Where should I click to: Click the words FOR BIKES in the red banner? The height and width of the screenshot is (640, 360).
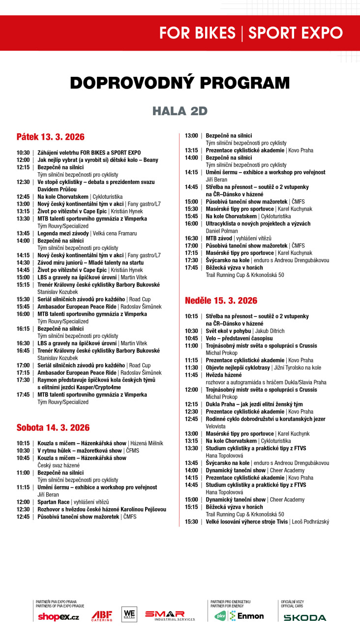click(197, 33)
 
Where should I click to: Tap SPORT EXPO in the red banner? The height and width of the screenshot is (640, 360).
click(295, 33)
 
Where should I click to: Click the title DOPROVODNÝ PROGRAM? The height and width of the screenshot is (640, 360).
click(180, 83)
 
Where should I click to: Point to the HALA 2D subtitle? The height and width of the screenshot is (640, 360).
click(180, 111)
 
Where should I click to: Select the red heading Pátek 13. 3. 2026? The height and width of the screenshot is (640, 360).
click(50, 137)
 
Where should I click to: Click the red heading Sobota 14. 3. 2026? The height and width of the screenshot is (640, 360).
click(53, 427)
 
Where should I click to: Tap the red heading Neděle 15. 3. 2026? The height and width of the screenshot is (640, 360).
click(221, 300)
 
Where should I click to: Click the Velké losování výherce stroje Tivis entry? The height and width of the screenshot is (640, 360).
click(247, 521)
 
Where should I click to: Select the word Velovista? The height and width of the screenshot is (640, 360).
click(215, 426)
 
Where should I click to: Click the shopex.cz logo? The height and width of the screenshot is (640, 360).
click(58, 617)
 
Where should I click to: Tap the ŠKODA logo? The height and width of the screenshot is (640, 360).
click(304, 617)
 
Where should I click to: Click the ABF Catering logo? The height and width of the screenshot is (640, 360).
click(101, 615)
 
